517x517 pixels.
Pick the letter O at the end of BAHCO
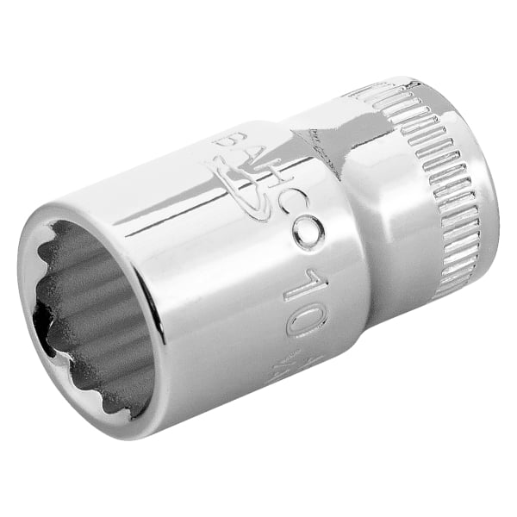pyautogui.click(x=308, y=233)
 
